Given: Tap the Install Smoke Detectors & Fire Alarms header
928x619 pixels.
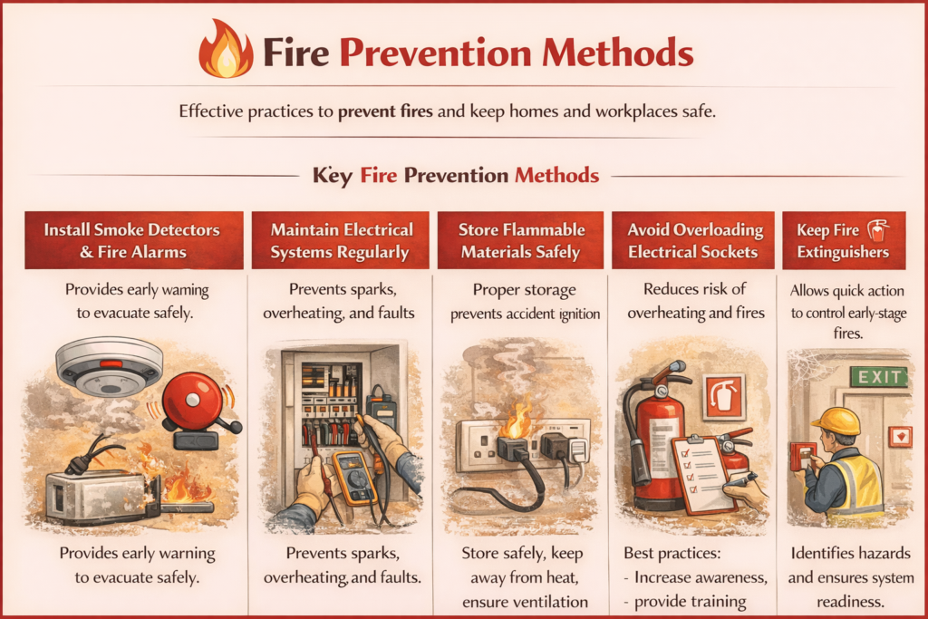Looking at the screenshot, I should click(133, 240).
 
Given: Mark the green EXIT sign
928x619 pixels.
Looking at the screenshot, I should click(877, 376).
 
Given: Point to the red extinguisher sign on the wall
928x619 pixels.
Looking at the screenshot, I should click(724, 396).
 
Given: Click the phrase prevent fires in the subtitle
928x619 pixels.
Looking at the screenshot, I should click(387, 113).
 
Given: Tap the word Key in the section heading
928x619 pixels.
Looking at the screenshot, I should click(332, 174).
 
